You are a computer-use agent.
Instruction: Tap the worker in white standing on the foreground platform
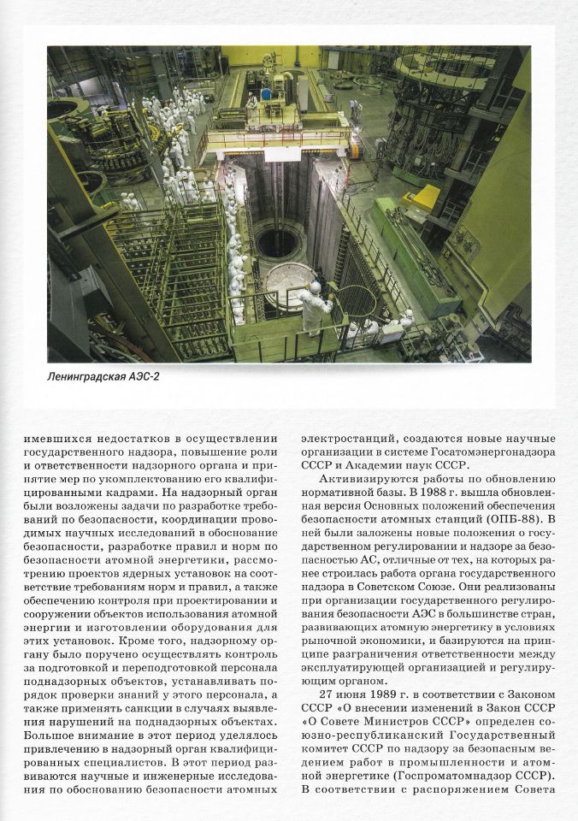pos(313,305)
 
